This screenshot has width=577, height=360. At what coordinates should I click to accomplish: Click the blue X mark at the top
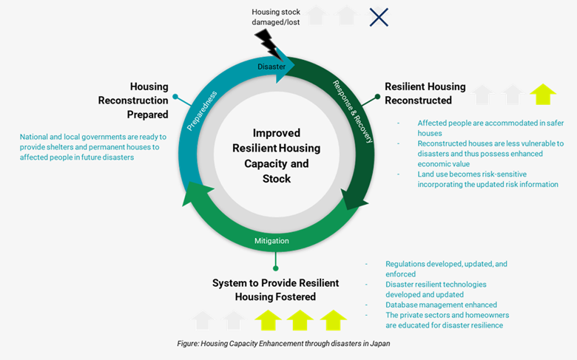coord(379,17)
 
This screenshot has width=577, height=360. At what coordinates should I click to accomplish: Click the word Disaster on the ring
coord(271,67)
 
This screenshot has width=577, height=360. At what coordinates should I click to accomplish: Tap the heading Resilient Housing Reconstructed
coord(425,93)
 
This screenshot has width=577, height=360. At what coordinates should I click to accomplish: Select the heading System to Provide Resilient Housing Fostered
coord(275,290)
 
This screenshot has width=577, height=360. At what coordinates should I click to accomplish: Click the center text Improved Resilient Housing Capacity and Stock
coord(276,155)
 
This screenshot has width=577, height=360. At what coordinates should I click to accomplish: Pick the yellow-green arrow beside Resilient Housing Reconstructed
coord(543,94)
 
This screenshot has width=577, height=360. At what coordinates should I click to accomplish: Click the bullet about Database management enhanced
coord(441,305)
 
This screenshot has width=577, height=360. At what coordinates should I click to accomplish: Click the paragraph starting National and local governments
coord(94,147)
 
